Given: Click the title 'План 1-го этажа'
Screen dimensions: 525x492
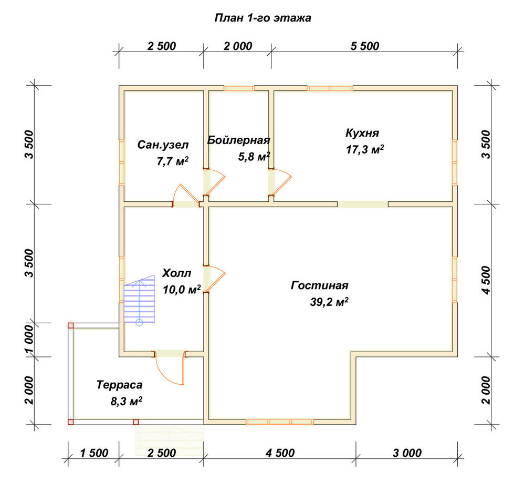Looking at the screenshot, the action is pyautogui.click(x=263, y=18).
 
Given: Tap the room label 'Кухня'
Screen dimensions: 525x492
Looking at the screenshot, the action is pyautogui.click(x=362, y=133).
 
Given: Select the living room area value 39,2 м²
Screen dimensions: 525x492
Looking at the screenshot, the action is pyautogui.click(x=329, y=302).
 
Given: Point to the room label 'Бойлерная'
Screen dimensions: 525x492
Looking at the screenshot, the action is pyautogui.click(x=238, y=140).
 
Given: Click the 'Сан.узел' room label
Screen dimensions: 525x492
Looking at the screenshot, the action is pyautogui.click(x=163, y=145).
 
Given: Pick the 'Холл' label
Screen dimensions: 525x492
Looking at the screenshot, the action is pyautogui.click(x=176, y=273).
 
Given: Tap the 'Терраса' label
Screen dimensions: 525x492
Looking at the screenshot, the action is pyautogui.click(x=119, y=385).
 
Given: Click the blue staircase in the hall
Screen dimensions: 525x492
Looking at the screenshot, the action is pyautogui.click(x=139, y=299).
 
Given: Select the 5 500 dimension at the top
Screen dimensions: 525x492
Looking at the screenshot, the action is pyautogui.click(x=365, y=46).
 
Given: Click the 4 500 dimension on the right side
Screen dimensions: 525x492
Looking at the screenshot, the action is pyautogui.click(x=486, y=280).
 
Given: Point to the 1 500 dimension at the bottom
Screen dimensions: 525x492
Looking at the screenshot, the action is pyautogui.click(x=94, y=453).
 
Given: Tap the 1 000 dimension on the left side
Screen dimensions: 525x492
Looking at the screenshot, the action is pyautogui.click(x=29, y=340).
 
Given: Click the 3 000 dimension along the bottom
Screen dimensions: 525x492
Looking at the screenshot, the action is pyautogui.click(x=407, y=453).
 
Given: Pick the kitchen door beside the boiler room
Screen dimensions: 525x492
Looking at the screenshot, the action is pyautogui.click(x=280, y=182).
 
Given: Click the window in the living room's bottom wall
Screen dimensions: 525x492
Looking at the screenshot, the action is pyautogui.click(x=280, y=422).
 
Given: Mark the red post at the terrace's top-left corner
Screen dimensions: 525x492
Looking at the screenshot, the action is pyautogui.click(x=71, y=325).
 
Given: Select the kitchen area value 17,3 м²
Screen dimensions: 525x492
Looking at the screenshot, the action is pyautogui.click(x=365, y=149).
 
